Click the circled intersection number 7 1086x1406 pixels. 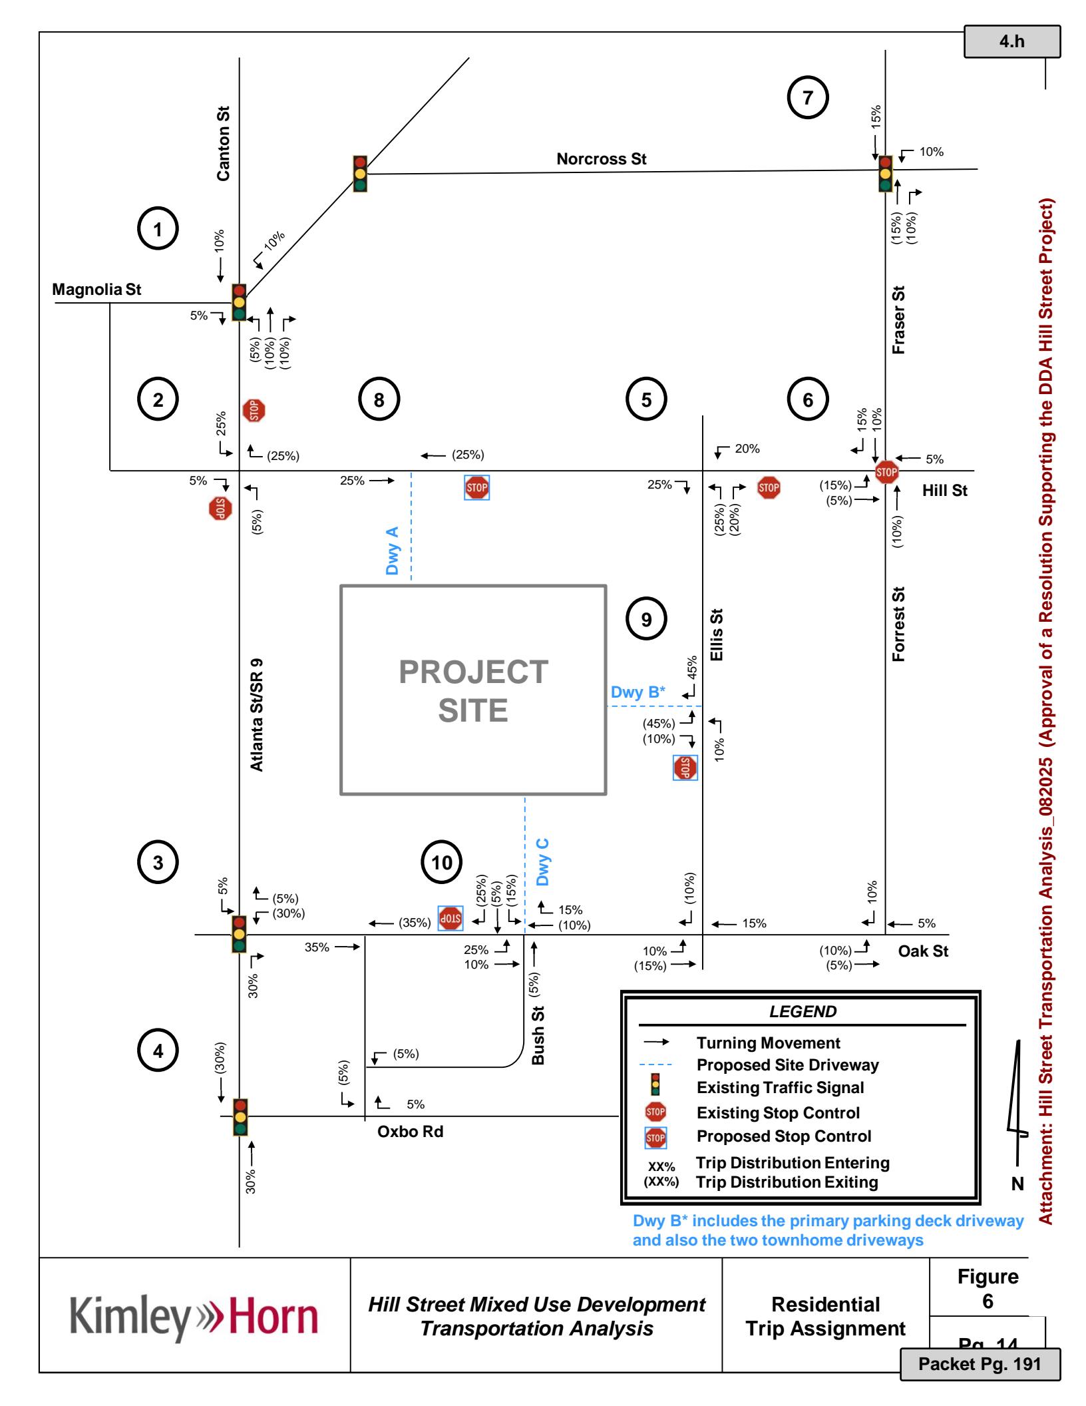808,98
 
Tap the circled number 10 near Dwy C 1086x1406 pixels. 442,863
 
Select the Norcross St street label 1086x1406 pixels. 601,159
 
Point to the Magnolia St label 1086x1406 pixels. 96,290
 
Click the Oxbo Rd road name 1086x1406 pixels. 410,1132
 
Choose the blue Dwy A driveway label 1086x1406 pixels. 393,551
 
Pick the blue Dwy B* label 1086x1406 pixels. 637,692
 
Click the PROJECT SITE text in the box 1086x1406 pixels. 473,691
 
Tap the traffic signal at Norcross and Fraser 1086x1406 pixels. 885,174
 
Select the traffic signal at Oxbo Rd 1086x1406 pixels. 240,1117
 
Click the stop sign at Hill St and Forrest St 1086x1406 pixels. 886,472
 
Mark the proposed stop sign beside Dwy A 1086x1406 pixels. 476,488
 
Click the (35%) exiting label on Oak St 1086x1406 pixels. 415,923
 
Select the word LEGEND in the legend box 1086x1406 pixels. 803,1012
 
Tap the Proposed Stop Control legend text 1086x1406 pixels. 783,1136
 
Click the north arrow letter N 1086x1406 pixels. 1017,1184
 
